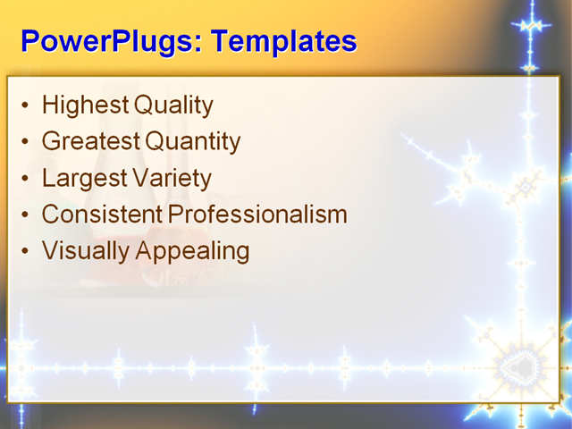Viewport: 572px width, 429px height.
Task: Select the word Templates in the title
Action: [283, 41]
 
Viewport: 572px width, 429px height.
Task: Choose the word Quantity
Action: [193, 141]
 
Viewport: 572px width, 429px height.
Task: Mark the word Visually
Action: [86, 251]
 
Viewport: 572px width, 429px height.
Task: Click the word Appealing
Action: [192, 251]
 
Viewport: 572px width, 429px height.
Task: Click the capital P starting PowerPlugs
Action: [29, 41]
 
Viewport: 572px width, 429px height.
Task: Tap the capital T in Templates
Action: [219, 41]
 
